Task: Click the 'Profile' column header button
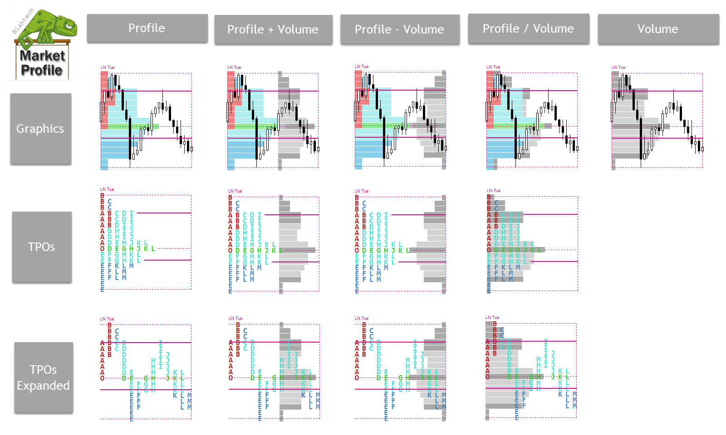click(147, 28)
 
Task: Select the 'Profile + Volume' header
click(273, 29)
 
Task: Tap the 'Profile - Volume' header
click(400, 29)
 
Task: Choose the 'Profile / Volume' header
click(528, 29)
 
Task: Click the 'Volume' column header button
click(658, 29)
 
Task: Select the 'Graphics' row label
click(40, 129)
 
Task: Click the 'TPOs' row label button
click(41, 247)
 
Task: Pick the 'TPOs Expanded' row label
click(43, 377)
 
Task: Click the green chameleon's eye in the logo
click(69, 25)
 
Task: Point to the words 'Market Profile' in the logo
click(42, 63)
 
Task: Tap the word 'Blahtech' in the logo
click(23, 21)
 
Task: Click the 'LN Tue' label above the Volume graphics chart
click(618, 68)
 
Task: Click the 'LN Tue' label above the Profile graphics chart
click(108, 68)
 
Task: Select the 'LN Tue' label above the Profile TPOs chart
click(107, 189)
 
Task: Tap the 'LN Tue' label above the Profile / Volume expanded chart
click(492, 318)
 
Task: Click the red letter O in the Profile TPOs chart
click(103, 249)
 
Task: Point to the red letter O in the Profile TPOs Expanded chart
click(103, 378)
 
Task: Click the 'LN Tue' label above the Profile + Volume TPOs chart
click(235, 191)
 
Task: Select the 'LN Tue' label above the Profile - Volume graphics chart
click(362, 67)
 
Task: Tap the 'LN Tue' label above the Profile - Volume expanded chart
click(362, 319)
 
